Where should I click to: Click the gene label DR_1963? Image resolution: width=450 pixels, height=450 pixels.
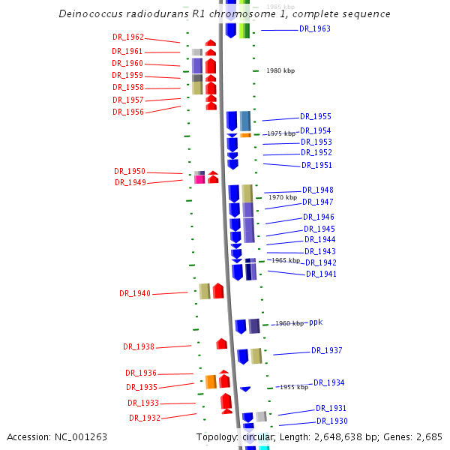tap(315, 28)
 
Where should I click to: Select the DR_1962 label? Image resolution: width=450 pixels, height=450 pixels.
tap(128, 37)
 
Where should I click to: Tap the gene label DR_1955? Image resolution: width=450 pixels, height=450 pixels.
tap(316, 116)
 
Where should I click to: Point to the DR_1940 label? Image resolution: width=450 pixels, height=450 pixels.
tap(135, 293)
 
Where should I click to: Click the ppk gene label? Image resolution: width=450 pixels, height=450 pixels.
tap(316, 322)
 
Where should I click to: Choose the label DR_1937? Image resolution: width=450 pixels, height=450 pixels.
tap(327, 350)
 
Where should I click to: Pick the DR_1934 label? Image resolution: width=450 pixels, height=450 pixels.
tap(329, 382)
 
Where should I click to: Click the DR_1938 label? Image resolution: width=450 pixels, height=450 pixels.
tap(139, 346)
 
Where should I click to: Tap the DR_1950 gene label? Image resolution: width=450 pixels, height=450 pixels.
tap(130, 171)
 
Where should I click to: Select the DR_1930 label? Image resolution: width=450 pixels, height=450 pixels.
tap(332, 421)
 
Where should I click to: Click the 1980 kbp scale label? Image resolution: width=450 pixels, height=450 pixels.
tap(280, 70)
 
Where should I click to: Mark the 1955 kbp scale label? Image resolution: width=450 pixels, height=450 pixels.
tap(294, 387)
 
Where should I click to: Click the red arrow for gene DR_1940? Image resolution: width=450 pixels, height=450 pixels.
tap(218, 291)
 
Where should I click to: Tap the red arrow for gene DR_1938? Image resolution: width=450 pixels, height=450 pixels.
tap(221, 343)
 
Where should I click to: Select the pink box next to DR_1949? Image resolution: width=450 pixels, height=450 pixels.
tap(199, 179)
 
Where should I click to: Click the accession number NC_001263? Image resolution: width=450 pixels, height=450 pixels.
tap(80, 436)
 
